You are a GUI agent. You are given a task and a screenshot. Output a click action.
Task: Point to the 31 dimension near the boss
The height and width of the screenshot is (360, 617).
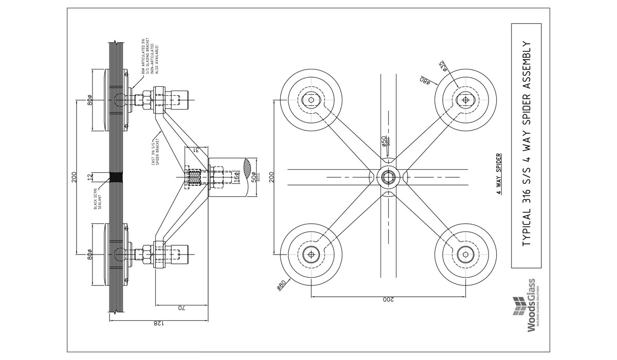point(196,150)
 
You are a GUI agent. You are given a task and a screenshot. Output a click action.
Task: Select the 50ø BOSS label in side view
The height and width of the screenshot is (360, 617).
point(253,177)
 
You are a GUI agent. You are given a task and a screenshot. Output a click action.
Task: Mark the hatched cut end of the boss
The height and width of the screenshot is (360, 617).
point(248,168)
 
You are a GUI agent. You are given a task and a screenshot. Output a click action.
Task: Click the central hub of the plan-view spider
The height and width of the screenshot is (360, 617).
point(388,177)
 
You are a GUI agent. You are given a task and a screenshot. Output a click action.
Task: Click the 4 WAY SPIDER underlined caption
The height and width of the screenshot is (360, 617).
point(498,176)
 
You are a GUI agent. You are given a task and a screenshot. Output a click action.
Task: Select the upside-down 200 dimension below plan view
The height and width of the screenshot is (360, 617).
point(389,299)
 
